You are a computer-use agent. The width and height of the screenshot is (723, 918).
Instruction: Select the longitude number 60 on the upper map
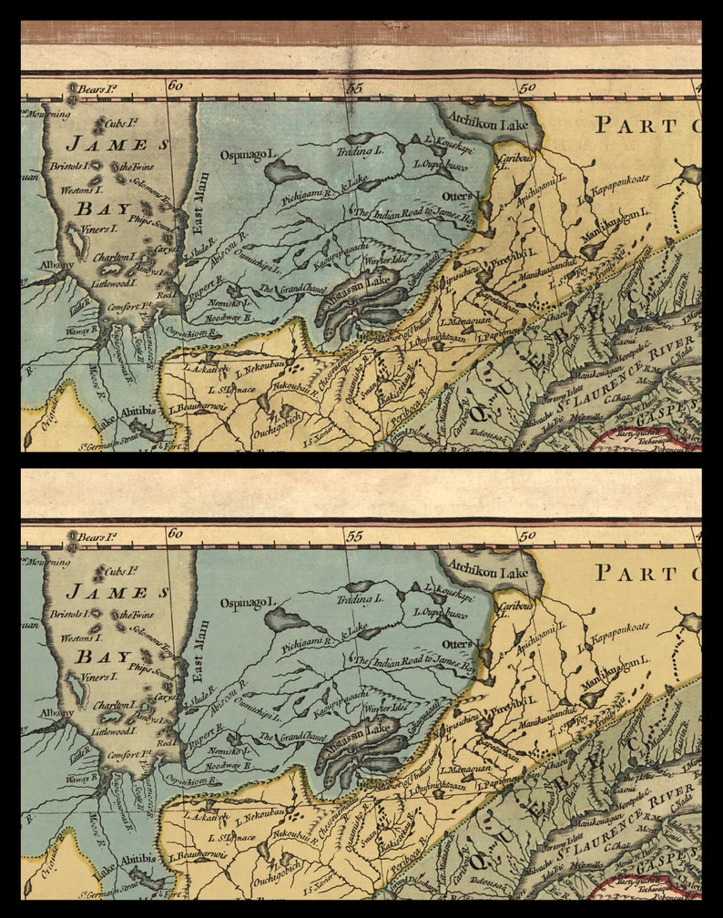pyautogui.click(x=176, y=87)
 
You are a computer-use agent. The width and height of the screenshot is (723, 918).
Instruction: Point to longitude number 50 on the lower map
pyautogui.click(x=527, y=535)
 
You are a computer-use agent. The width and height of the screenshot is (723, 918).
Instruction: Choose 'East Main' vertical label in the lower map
pyautogui.click(x=201, y=651)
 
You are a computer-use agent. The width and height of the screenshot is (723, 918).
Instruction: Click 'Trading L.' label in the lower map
pyautogui.click(x=361, y=599)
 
